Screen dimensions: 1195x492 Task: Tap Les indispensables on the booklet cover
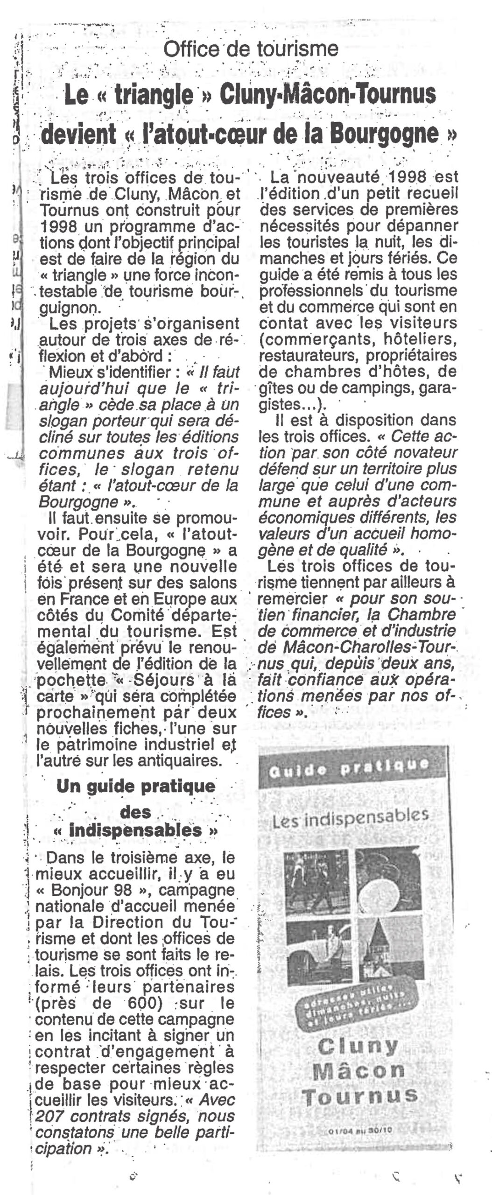351,819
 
